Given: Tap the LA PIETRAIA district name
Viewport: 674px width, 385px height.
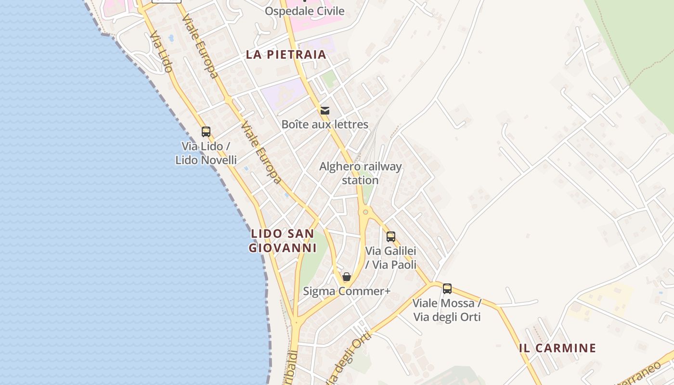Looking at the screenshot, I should point(286,54).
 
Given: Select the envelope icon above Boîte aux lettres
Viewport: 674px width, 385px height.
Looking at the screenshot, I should point(325,111).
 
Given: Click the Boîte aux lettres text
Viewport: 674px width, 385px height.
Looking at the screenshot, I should point(324,125).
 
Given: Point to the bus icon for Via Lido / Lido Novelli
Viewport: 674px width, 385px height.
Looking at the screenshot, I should point(206,132).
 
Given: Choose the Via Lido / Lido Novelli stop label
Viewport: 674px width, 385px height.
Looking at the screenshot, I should point(206,153).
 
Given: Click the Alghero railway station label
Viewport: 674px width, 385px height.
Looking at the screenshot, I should point(360,173).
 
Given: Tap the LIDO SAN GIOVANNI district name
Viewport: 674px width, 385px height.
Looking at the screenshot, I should point(282,241).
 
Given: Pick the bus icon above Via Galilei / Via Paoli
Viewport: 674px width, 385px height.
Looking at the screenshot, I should point(390,237).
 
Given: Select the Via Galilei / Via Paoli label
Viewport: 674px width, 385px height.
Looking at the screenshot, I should point(390,257).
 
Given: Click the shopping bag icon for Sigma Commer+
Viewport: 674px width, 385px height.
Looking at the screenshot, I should point(346,277).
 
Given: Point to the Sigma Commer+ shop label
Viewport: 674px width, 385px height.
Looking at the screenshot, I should point(346,291).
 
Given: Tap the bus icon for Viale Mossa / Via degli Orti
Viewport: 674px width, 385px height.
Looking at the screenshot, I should point(447,289).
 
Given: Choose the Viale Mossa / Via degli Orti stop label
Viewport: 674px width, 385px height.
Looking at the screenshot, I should point(447,310).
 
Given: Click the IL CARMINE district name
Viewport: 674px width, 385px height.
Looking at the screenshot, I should point(557,348).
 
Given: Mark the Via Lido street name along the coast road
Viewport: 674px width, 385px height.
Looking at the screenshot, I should point(161,52).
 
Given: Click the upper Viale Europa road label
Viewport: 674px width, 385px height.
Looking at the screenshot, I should point(200,46).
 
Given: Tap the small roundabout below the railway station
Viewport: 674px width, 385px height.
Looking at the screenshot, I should point(365,212).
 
